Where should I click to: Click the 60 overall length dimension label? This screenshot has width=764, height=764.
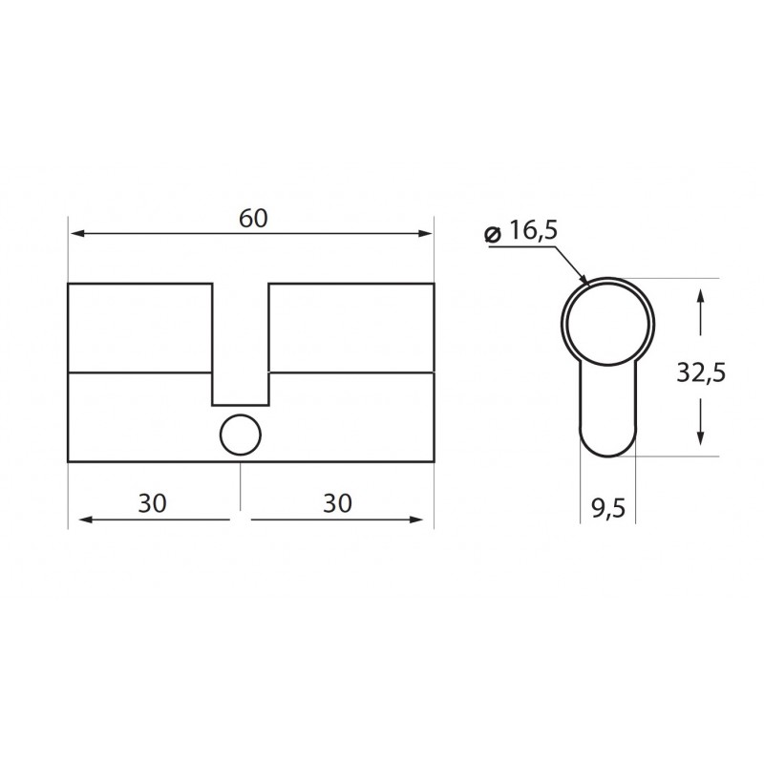pyautogui.click(x=252, y=218)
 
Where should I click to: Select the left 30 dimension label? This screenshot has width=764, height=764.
pyautogui.click(x=153, y=503)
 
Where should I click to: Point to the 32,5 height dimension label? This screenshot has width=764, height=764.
pyautogui.click(x=701, y=371)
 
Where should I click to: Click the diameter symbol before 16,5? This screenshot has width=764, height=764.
pyautogui.click(x=493, y=233)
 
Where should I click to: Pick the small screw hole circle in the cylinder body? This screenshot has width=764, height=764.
pyautogui.click(x=240, y=435)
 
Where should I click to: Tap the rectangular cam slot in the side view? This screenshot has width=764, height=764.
pyautogui.click(x=240, y=344)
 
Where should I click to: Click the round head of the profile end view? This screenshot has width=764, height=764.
pyautogui.click(x=608, y=323)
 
